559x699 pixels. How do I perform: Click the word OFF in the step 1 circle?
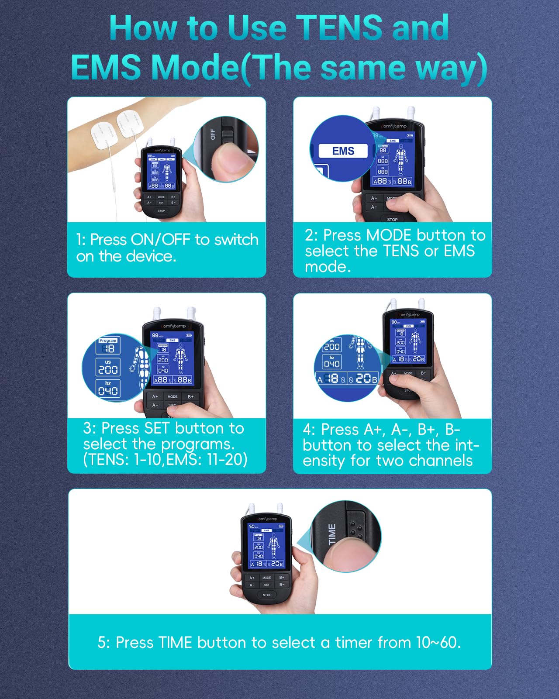tap(213, 134)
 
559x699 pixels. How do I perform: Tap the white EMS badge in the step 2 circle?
tap(343, 151)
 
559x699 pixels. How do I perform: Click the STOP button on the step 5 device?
tap(267, 595)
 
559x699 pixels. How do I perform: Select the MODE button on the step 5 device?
tap(267, 578)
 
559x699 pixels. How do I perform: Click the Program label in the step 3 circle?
tap(108, 341)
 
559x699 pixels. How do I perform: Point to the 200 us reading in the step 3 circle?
tap(108, 369)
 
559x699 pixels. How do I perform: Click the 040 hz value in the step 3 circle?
tap(108, 391)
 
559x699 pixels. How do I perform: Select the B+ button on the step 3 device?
tap(190, 396)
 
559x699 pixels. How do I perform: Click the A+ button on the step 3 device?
tap(155, 396)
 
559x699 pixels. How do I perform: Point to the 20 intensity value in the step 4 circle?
tap(363, 378)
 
